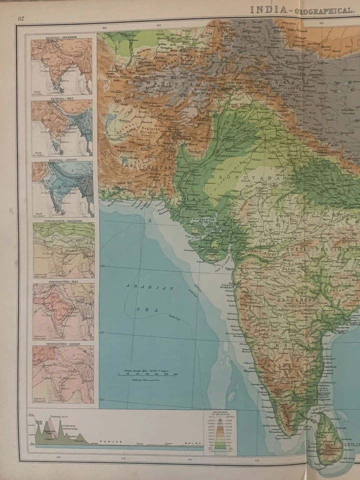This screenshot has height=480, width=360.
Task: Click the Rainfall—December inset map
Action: click(62, 65)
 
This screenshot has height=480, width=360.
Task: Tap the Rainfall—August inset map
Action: click(62, 189)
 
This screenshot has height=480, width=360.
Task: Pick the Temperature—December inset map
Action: click(63, 250)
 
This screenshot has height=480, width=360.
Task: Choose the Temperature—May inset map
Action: click(63, 311)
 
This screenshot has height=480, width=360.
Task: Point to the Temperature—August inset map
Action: click(63, 374)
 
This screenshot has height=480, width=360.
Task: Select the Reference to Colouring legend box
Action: click(220, 432)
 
